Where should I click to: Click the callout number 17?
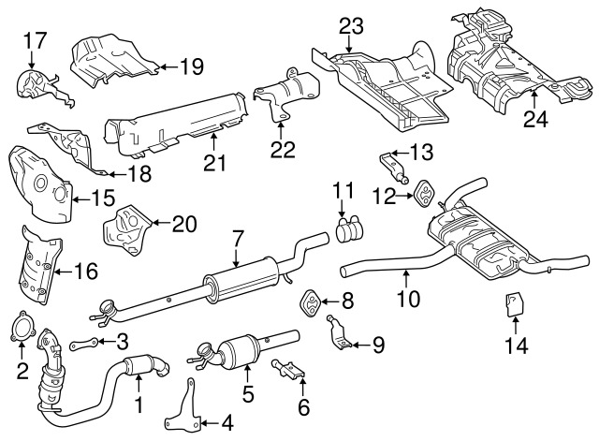(34, 40)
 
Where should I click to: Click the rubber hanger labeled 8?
(308, 302)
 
